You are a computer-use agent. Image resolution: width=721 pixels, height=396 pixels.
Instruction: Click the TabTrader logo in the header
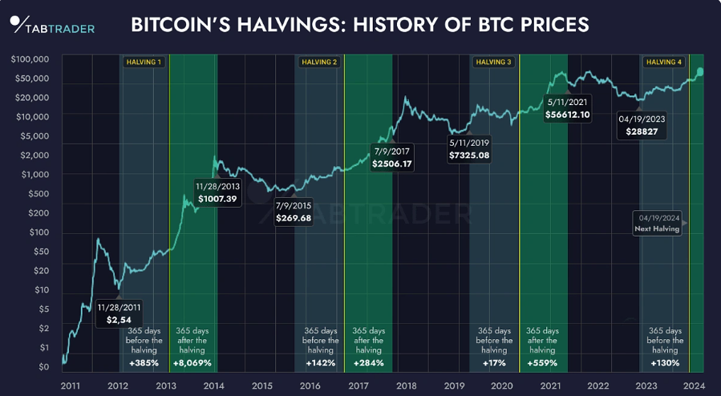click(x=53, y=25)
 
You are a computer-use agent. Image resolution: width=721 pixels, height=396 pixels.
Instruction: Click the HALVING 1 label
click(x=144, y=62)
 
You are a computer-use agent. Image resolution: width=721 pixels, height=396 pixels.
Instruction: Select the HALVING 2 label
click(x=318, y=62)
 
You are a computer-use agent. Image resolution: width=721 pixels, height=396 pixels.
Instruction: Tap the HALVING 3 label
click(x=492, y=62)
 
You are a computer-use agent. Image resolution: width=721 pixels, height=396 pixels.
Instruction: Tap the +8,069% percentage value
click(x=193, y=363)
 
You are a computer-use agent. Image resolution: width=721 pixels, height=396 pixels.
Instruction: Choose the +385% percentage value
click(x=144, y=363)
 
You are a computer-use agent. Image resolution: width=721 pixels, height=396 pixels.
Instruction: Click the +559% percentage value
click(x=542, y=363)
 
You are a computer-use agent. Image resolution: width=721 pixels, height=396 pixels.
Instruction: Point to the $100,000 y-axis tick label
click(x=30, y=59)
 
